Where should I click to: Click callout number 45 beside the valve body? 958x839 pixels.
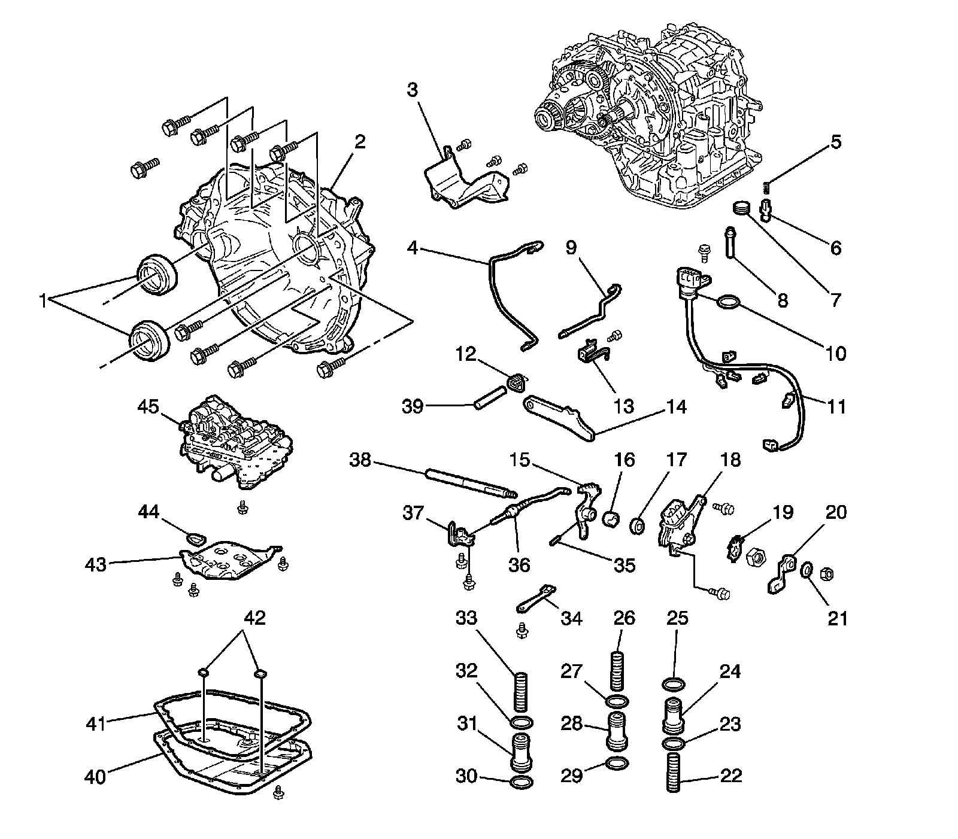(x=148, y=408)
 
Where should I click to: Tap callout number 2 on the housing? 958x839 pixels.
(x=360, y=142)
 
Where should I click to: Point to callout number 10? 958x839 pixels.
(x=836, y=353)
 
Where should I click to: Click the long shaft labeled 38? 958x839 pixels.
(x=470, y=484)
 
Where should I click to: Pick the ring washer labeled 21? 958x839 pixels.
(x=807, y=570)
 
